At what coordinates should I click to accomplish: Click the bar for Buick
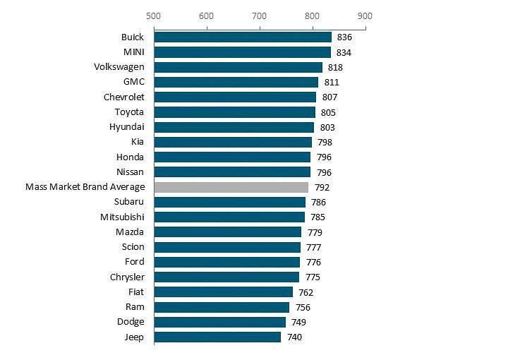[243, 37]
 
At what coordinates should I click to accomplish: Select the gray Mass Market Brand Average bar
[231, 187]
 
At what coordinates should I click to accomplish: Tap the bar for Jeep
[217, 337]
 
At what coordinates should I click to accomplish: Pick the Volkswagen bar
[238, 67]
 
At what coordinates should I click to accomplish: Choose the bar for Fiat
[223, 292]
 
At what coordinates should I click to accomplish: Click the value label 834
[344, 52]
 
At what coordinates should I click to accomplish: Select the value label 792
[322, 188]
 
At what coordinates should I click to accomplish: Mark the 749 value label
[298, 322]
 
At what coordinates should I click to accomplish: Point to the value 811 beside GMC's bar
[331, 83]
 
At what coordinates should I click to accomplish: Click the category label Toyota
[129, 112]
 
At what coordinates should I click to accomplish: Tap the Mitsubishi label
[122, 217]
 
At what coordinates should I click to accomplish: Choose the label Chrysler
[127, 277]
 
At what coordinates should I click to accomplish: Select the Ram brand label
[135, 307]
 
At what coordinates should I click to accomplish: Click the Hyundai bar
[234, 127]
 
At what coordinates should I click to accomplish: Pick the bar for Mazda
[228, 232]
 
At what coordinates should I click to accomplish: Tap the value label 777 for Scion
[314, 247]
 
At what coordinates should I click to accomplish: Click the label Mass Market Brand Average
[85, 187]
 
